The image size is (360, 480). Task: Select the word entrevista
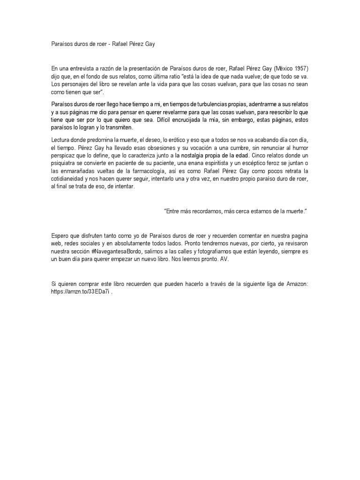click(82, 67)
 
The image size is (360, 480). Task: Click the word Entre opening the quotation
click(173, 211)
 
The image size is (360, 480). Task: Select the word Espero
click(60, 235)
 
